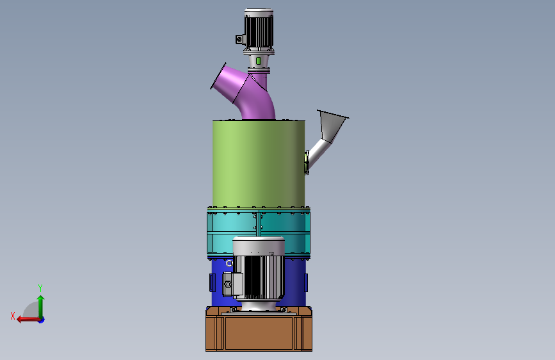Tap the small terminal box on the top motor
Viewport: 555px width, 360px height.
pyautogui.click(x=240, y=39)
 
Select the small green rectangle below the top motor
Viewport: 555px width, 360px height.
pyautogui.click(x=259, y=61)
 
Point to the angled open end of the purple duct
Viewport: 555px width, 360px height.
pyautogui.click(x=218, y=76)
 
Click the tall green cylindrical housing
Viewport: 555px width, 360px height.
pyautogui.click(x=259, y=164)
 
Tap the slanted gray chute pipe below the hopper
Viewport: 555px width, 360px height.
pyautogui.click(x=319, y=152)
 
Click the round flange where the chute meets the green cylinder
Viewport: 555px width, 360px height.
pyautogui.click(x=307, y=162)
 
